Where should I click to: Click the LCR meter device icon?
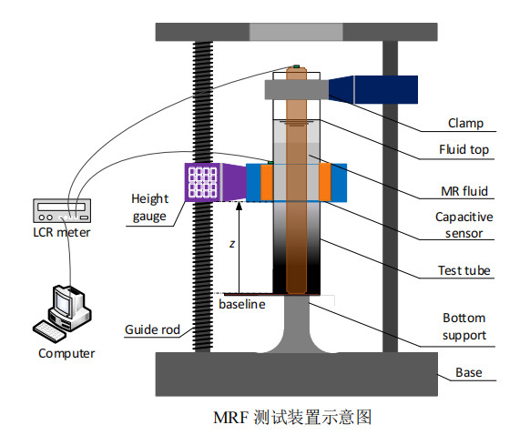click(x=62, y=210)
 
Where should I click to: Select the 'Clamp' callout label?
click(x=465, y=123)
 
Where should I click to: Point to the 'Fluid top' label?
click(x=464, y=149)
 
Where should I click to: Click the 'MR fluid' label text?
click(x=464, y=191)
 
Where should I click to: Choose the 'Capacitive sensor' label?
click(x=464, y=225)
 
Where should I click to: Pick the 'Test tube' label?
click(x=464, y=270)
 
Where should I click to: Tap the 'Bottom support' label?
click(x=464, y=327)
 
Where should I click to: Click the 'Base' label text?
click(x=468, y=372)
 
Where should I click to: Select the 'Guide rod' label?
click(x=152, y=329)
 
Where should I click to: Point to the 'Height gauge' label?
click(x=149, y=207)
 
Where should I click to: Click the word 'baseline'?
click(x=242, y=304)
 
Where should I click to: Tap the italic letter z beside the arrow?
click(x=232, y=244)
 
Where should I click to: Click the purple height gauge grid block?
click(x=202, y=182)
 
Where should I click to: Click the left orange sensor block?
click(x=267, y=182)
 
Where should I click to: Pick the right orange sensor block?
click(x=325, y=182)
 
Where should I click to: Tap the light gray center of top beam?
click(x=296, y=32)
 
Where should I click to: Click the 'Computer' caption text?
click(x=66, y=354)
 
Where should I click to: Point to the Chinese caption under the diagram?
click(x=292, y=417)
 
